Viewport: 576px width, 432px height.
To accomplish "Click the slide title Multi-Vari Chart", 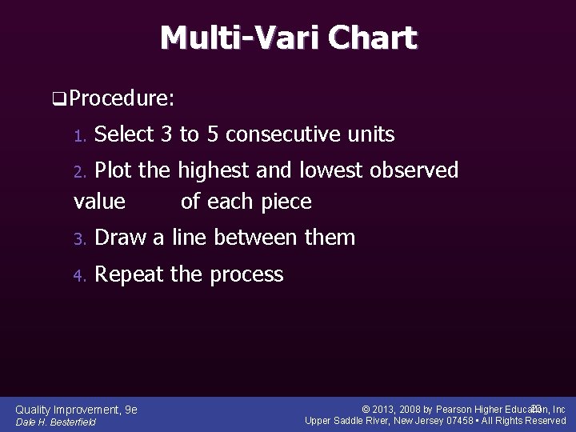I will tap(288, 38).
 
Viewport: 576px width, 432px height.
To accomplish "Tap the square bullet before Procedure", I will tap(58, 100).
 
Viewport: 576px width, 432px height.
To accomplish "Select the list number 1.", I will tap(78, 136).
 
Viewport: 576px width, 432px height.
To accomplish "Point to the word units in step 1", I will tap(369, 134).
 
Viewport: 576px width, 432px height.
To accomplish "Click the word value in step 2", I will tap(99, 202).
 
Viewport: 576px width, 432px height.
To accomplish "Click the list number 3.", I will tap(78, 239).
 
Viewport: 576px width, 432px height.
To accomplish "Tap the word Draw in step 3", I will tap(119, 238).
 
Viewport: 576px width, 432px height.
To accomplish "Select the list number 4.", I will tap(78, 276).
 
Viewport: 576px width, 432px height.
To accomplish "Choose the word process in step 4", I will tap(246, 274).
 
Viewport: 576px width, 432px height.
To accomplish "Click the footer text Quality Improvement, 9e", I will tap(77, 410).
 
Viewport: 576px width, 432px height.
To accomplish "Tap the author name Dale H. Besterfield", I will tap(55, 422).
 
